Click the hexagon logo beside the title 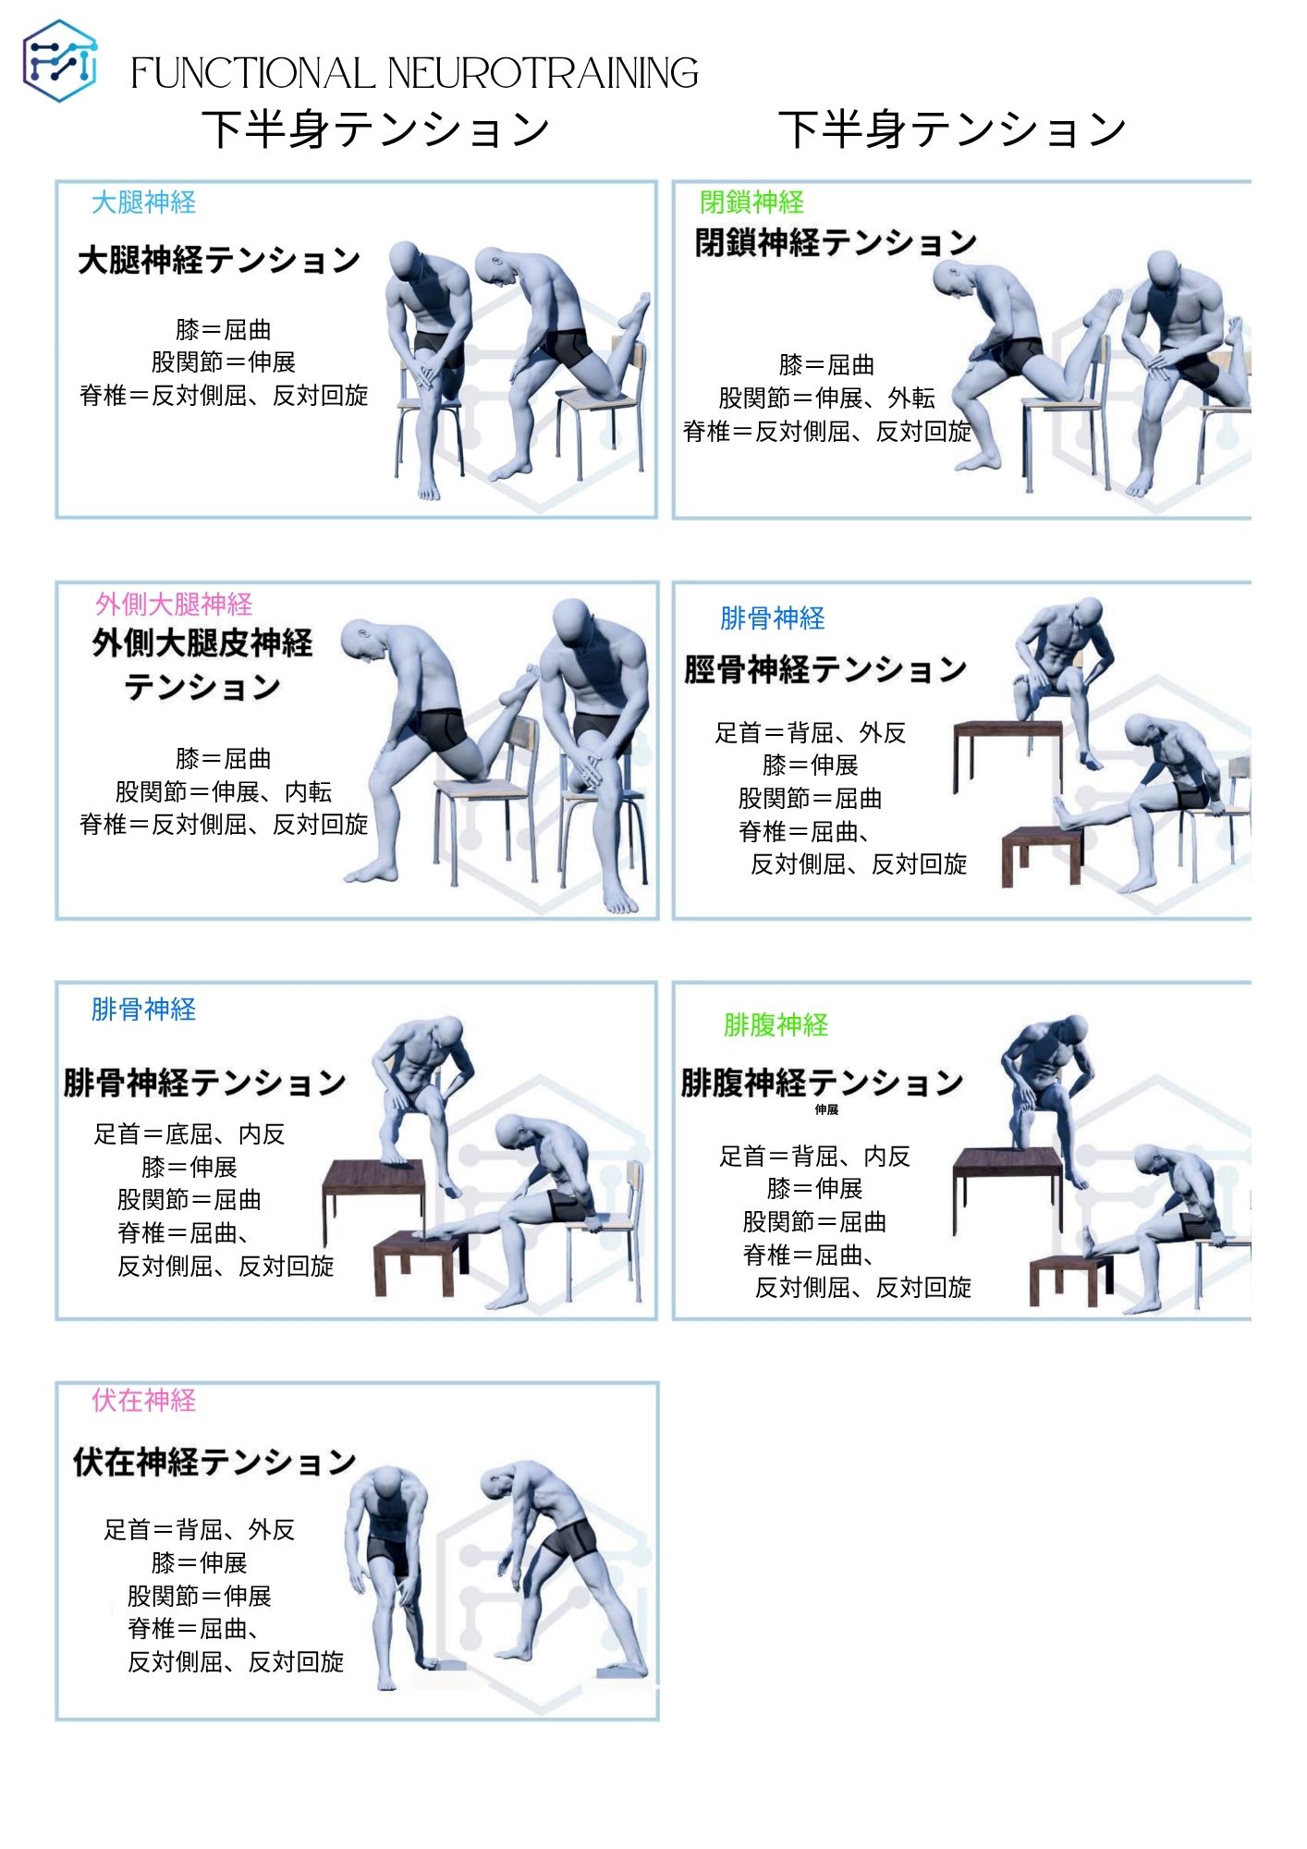click(x=59, y=61)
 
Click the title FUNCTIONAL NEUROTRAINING click(x=414, y=74)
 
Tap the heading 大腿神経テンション click(x=219, y=260)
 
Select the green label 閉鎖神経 click(x=751, y=202)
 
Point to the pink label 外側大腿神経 click(x=174, y=604)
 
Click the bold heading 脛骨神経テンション click(x=825, y=668)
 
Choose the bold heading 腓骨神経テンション click(x=204, y=1082)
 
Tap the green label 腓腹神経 click(x=776, y=1024)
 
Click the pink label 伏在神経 click(x=143, y=1400)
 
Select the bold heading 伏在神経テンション click(x=214, y=1462)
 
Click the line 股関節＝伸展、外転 click(x=826, y=398)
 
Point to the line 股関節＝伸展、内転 click(x=223, y=791)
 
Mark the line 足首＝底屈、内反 click(x=189, y=1133)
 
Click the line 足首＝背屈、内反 click(x=814, y=1156)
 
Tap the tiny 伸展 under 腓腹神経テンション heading click(x=826, y=1109)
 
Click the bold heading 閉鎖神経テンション click(x=836, y=242)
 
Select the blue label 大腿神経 click(x=143, y=202)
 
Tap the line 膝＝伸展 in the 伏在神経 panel click(x=199, y=1562)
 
